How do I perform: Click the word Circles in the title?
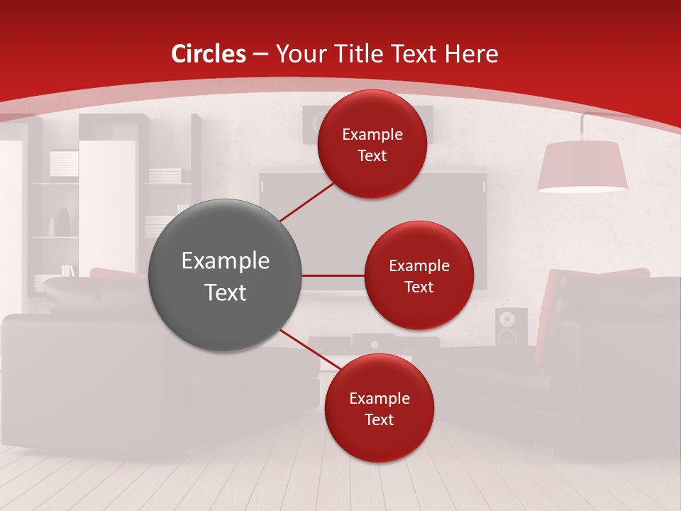tap(209, 54)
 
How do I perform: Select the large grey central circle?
tap(226, 275)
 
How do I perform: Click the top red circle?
tap(372, 144)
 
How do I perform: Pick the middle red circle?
tap(419, 275)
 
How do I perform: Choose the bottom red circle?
tap(379, 408)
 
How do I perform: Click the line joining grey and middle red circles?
tap(333, 275)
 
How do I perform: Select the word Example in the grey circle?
tap(226, 261)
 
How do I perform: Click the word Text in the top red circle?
tap(372, 156)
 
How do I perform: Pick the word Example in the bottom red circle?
tap(379, 398)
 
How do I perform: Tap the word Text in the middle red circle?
tap(419, 287)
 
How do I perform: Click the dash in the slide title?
tap(260, 55)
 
